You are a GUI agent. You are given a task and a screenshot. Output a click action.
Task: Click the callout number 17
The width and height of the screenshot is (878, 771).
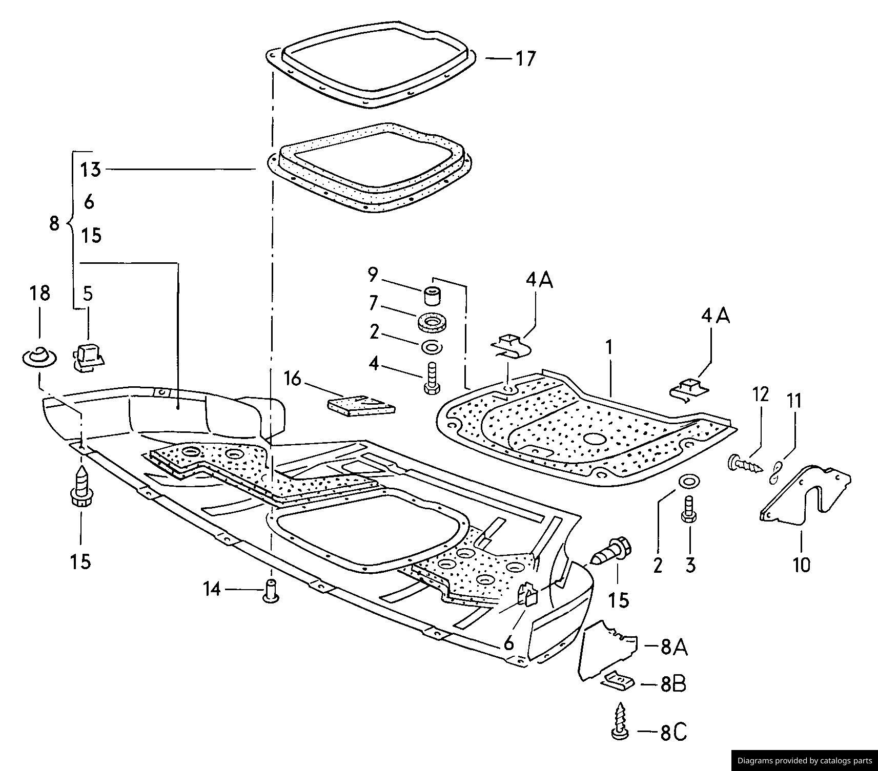click(x=525, y=59)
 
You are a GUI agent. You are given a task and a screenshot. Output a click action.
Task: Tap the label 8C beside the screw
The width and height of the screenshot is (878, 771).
click(x=673, y=732)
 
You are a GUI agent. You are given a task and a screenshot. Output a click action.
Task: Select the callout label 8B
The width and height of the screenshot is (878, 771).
click(x=673, y=684)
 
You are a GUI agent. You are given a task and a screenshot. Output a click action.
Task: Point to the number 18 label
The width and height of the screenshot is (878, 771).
click(x=39, y=294)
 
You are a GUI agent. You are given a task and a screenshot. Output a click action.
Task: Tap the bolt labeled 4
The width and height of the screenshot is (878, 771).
click(x=431, y=377)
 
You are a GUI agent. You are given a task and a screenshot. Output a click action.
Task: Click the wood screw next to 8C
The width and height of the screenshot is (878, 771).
click(x=621, y=721)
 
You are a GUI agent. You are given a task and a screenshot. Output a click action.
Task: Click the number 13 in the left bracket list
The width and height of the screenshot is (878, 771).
click(x=91, y=170)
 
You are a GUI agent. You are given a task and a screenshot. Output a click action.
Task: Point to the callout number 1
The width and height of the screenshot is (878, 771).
click(x=609, y=348)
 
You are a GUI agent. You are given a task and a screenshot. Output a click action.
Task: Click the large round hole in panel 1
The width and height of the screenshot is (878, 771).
click(x=595, y=439)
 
